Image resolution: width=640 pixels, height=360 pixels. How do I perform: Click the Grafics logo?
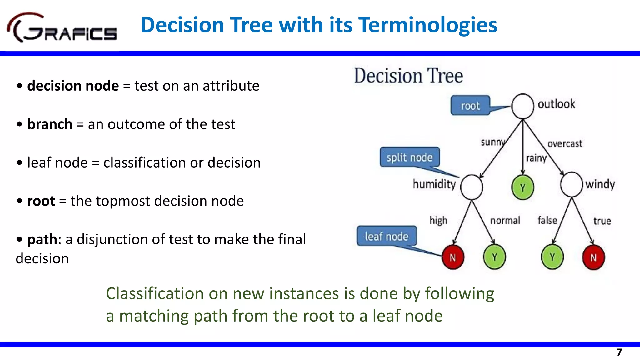(x=62, y=28)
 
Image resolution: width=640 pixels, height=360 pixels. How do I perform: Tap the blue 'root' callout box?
(x=470, y=106)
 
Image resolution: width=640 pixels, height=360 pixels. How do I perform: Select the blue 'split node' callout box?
(x=410, y=157)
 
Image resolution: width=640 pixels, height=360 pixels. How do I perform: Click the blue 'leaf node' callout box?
(x=387, y=236)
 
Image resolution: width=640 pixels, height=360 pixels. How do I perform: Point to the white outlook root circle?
(x=522, y=106)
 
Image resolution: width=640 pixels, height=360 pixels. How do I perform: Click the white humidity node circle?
(x=472, y=187)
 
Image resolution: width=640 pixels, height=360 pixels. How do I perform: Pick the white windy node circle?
(x=572, y=184)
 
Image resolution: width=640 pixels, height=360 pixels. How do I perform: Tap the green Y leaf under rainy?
(x=522, y=187)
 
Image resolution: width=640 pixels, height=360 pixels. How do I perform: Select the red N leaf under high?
(x=453, y=257)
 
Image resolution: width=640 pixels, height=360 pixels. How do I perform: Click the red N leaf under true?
(x=593, y=257)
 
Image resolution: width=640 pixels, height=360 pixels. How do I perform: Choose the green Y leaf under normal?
(x=494, y=257)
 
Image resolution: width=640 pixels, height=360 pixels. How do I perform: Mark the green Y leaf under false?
(x=552, y=257)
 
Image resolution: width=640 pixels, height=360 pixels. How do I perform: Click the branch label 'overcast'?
(x=565, y=144)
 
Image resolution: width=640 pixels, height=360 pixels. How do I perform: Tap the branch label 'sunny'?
(x=492, y=142)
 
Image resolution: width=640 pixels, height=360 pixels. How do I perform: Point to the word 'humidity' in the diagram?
(x=434, y=184)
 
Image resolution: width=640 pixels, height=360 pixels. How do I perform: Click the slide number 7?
(x=619, y=352)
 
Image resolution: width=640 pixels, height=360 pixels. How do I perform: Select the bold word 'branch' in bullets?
(x=50, y=124)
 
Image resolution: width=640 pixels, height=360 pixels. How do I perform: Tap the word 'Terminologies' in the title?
(x=428, y=25)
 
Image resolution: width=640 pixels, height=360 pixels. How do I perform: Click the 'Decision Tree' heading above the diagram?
(x=408, y=76)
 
